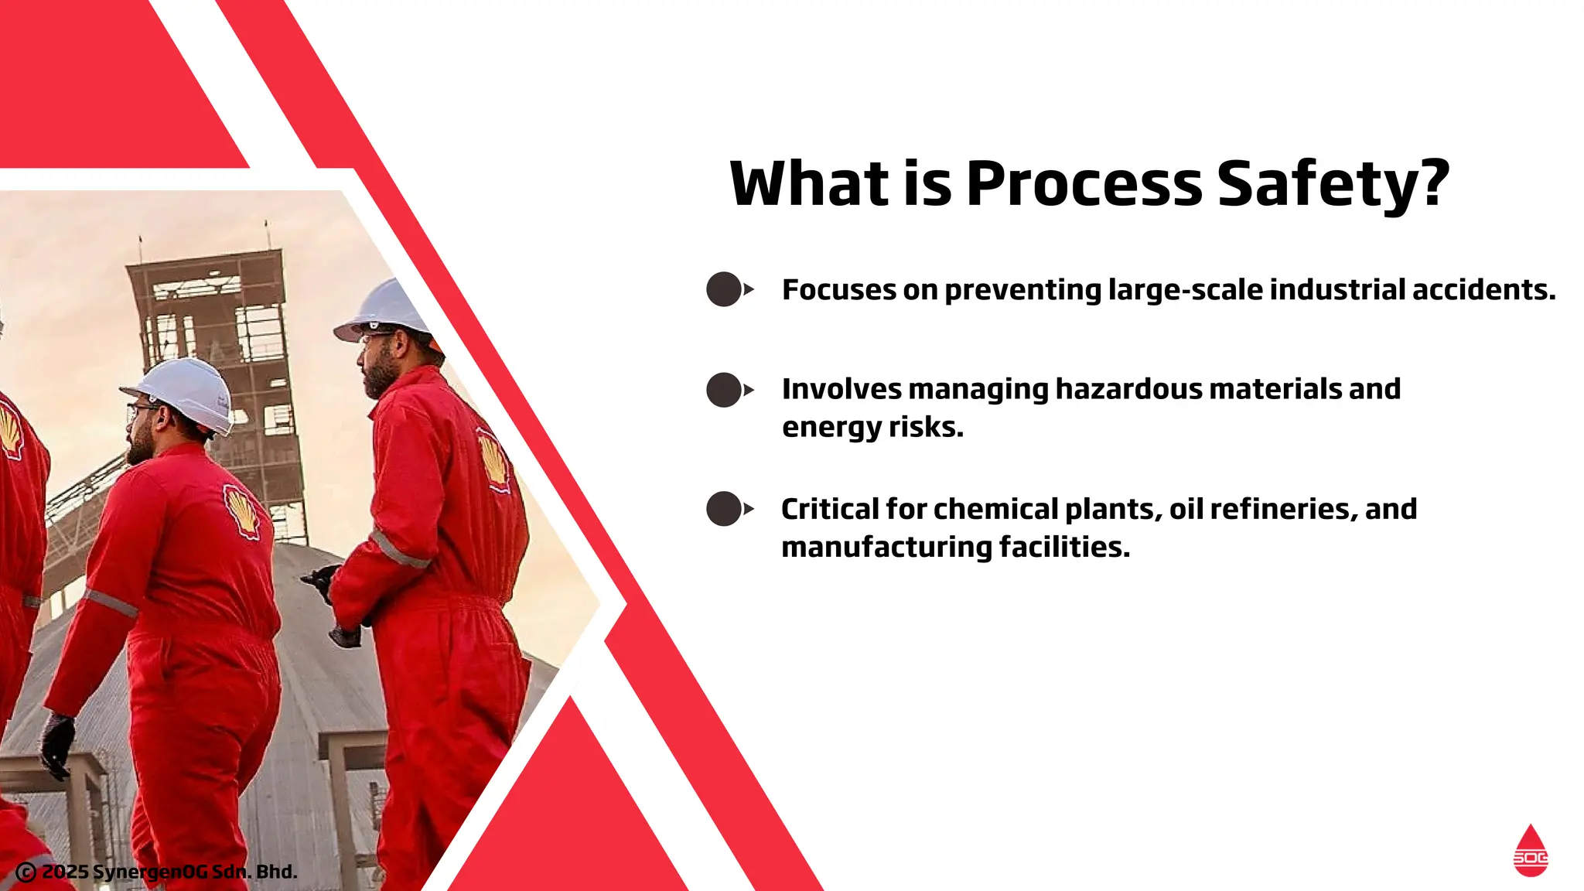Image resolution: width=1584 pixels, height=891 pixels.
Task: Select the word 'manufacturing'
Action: coord(886,547)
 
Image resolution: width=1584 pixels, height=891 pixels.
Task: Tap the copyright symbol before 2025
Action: coord(26,872)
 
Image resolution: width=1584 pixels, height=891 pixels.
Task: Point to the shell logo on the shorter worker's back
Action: coord(242,510)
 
